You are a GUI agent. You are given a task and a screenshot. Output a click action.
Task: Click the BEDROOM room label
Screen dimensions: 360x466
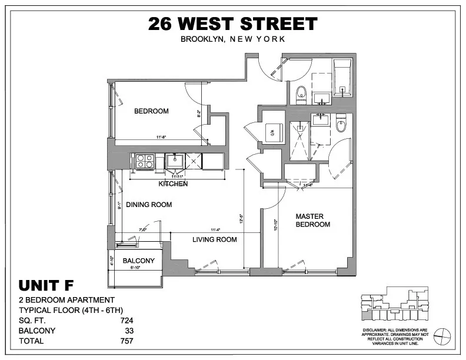[151, 111]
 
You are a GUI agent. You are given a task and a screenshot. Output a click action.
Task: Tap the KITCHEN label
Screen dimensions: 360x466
[173, 184]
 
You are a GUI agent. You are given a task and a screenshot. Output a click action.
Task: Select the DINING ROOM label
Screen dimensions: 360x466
[148, 205]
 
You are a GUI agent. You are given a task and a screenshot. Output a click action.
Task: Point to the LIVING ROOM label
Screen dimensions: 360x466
[215, 239]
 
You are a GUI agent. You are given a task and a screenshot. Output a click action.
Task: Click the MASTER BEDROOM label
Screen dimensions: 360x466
[312, 220]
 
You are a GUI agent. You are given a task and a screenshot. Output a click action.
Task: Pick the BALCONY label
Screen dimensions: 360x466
[138, 261]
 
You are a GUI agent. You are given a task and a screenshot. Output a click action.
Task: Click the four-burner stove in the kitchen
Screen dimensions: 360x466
[145, 161]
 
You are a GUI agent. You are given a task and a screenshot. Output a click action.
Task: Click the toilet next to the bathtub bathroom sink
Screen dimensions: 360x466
[301, 92]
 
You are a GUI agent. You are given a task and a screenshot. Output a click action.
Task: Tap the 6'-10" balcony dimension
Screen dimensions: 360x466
[139, 268]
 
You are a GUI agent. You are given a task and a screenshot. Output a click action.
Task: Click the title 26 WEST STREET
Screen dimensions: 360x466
[232, 24]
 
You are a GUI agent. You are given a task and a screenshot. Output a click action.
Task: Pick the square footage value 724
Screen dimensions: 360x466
[127, 321]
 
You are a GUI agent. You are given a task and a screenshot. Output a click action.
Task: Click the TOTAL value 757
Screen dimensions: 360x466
[127, 341]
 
